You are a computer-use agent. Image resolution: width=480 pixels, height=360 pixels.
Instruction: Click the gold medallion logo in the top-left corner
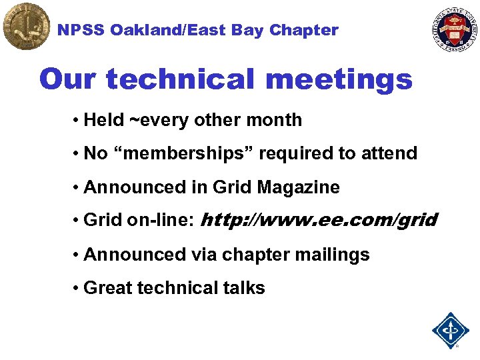(x=26, y=26)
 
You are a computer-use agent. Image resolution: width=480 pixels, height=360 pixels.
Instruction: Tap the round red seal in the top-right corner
(x=455, y=27)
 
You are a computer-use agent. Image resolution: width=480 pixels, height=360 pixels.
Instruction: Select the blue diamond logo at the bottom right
(x=451, y=329)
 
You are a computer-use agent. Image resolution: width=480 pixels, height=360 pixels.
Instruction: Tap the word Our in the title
(x=68, y=80)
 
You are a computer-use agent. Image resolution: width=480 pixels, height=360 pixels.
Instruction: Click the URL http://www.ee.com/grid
(x=319, y=220)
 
